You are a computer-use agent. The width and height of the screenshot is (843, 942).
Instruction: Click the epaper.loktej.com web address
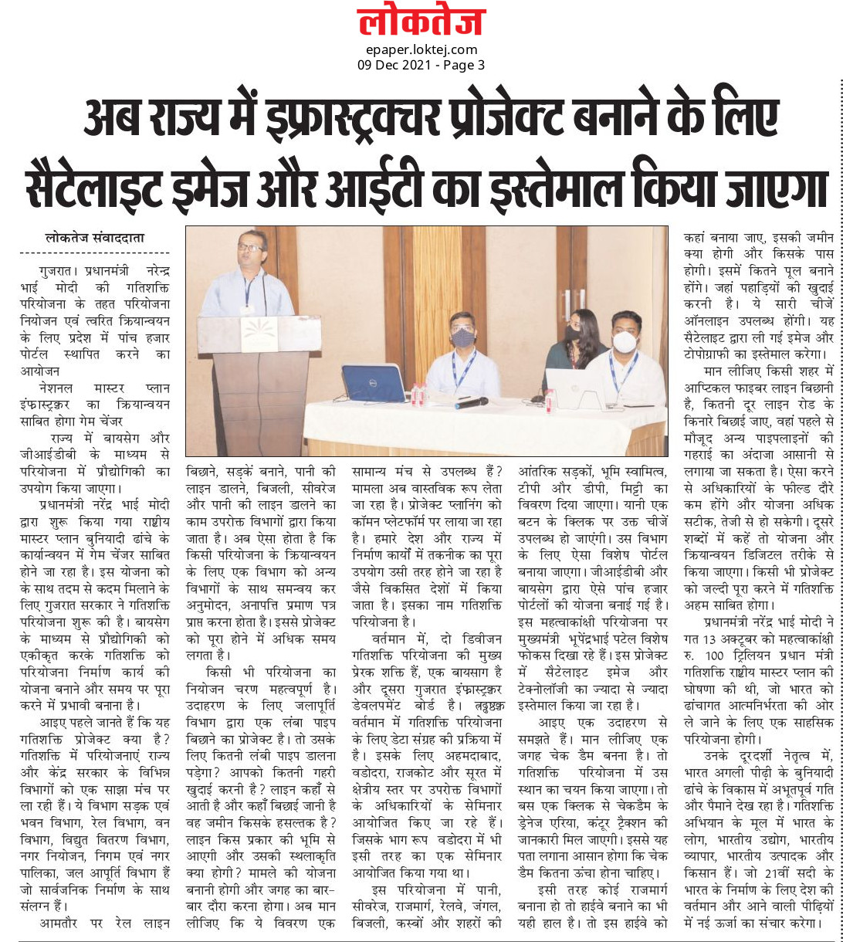421,50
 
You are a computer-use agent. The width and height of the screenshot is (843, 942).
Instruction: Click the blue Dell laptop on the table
373,383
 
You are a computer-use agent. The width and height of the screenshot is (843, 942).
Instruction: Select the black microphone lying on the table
472,403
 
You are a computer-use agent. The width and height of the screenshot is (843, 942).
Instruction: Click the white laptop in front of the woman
575,388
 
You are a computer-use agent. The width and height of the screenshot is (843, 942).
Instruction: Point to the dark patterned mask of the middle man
463,337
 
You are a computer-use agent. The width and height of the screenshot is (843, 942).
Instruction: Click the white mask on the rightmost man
624,341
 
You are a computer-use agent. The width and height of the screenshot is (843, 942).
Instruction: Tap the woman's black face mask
572,333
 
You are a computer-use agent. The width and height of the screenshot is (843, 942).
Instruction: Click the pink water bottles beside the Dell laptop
418,395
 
